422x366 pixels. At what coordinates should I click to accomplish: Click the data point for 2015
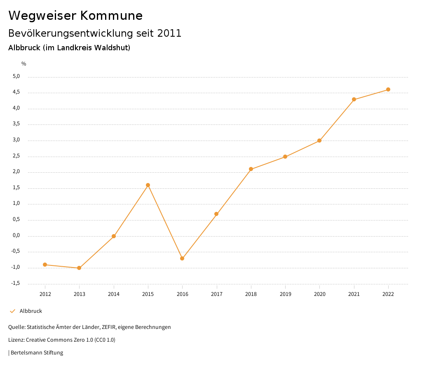coord(148,185)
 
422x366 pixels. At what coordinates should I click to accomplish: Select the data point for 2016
coord(182,258)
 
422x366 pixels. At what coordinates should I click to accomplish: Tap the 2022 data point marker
coord(388,89)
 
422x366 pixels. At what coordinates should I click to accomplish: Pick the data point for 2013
coord(79,268)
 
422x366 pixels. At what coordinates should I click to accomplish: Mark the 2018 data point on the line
coord(251,169)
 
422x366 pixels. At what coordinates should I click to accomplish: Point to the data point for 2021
coord(354,99)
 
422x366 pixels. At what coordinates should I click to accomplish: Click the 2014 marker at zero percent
coord(114,236)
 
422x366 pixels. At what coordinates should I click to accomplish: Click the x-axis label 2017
coord(217,294)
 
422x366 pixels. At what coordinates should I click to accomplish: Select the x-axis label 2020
coord(320,294)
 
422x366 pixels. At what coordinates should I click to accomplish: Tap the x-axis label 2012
coord(45,294)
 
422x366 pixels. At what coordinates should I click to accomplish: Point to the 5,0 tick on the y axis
coord(16,76)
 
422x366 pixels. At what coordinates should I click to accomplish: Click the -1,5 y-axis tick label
coord(16,283)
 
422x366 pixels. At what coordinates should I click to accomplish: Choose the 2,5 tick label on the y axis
coord(16,156)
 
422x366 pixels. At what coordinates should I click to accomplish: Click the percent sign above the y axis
coord(24,64)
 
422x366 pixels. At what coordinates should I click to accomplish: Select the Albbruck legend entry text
coord(31,311)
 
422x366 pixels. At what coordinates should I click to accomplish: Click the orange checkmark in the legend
coord(12,311)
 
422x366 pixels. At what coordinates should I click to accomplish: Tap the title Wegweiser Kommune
coord(75,16)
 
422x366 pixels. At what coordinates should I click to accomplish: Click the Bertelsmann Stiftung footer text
coord(37,353)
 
